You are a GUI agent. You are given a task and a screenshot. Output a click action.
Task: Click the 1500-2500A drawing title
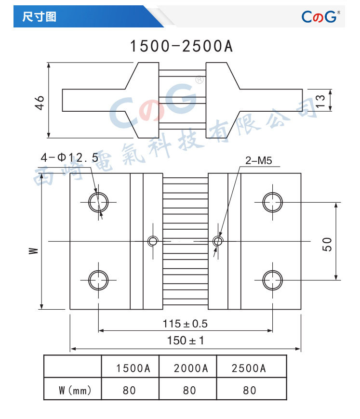point(181,46)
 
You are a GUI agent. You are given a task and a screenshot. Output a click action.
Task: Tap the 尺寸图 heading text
point(40,16)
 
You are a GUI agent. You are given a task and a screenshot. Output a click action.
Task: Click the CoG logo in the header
point(320,16)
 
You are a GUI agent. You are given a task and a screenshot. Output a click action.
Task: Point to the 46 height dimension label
point(40,103)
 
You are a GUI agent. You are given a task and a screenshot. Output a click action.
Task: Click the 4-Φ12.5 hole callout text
point(69,157)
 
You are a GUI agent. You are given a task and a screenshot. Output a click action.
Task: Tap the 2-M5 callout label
point(259,160)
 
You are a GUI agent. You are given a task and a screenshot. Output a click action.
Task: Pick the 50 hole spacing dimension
point(327,244)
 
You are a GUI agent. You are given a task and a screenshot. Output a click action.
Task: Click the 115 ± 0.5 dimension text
point(185,324)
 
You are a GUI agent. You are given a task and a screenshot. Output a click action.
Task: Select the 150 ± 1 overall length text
point(185,340)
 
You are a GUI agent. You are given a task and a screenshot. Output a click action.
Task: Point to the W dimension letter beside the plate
point(34,250)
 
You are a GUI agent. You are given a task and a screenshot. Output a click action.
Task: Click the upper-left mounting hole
point(98,202)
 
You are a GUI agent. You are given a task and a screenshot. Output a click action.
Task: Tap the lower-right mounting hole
point(273,280)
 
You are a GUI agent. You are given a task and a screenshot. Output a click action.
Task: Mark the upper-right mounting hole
point(273,202)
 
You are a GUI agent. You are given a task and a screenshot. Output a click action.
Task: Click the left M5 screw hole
point(153,241)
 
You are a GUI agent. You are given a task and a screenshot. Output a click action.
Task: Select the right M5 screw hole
point(218,241)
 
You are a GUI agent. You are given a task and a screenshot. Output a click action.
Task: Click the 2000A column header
point(191,368)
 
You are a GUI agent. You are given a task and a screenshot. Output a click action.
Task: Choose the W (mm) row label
point(75,391)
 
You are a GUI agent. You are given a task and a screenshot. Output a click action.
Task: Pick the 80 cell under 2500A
point(250,391)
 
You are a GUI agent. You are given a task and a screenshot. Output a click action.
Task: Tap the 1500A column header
point(133,368)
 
